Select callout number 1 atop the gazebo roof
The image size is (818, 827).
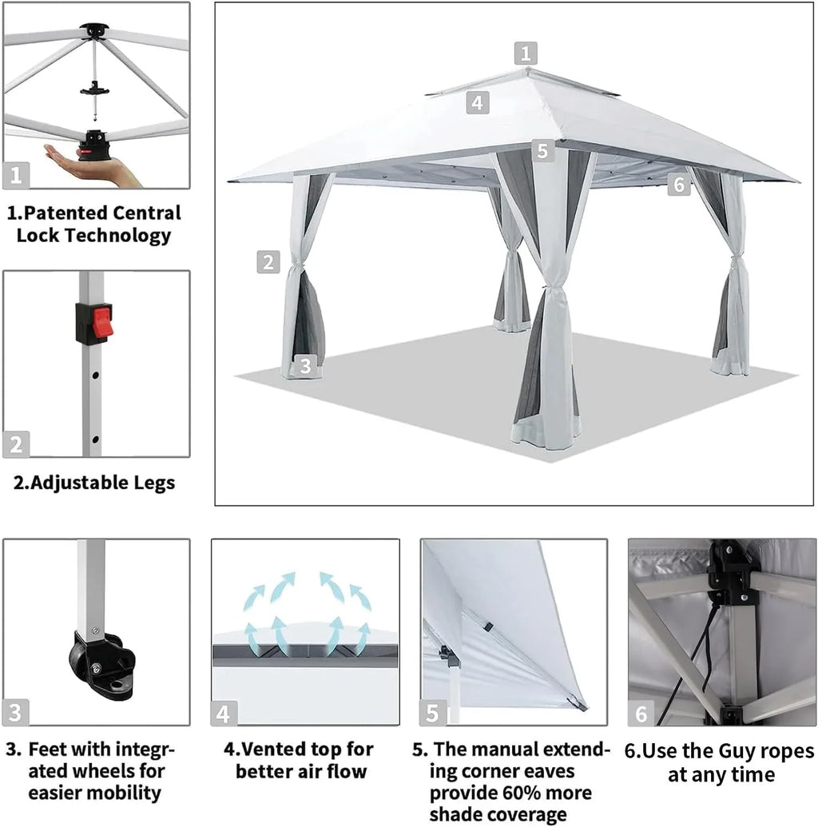(x=525, y=54)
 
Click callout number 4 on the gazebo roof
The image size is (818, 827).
(x=477, y=102)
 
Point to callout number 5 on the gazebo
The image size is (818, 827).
(x=542, y=150)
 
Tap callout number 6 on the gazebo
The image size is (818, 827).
(x=678, y=185)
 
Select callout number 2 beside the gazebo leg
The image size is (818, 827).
(x=268, y=261)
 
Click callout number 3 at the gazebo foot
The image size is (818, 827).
(x=304, y=366)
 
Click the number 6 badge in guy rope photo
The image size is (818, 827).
(x=641, y=712)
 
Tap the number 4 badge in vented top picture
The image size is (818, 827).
(x=224, y=713)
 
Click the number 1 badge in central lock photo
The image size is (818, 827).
(x=17, y=174)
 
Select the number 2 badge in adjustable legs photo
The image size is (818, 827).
(x=17, y=443)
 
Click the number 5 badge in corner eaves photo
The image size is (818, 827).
(x=433, y=712)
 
